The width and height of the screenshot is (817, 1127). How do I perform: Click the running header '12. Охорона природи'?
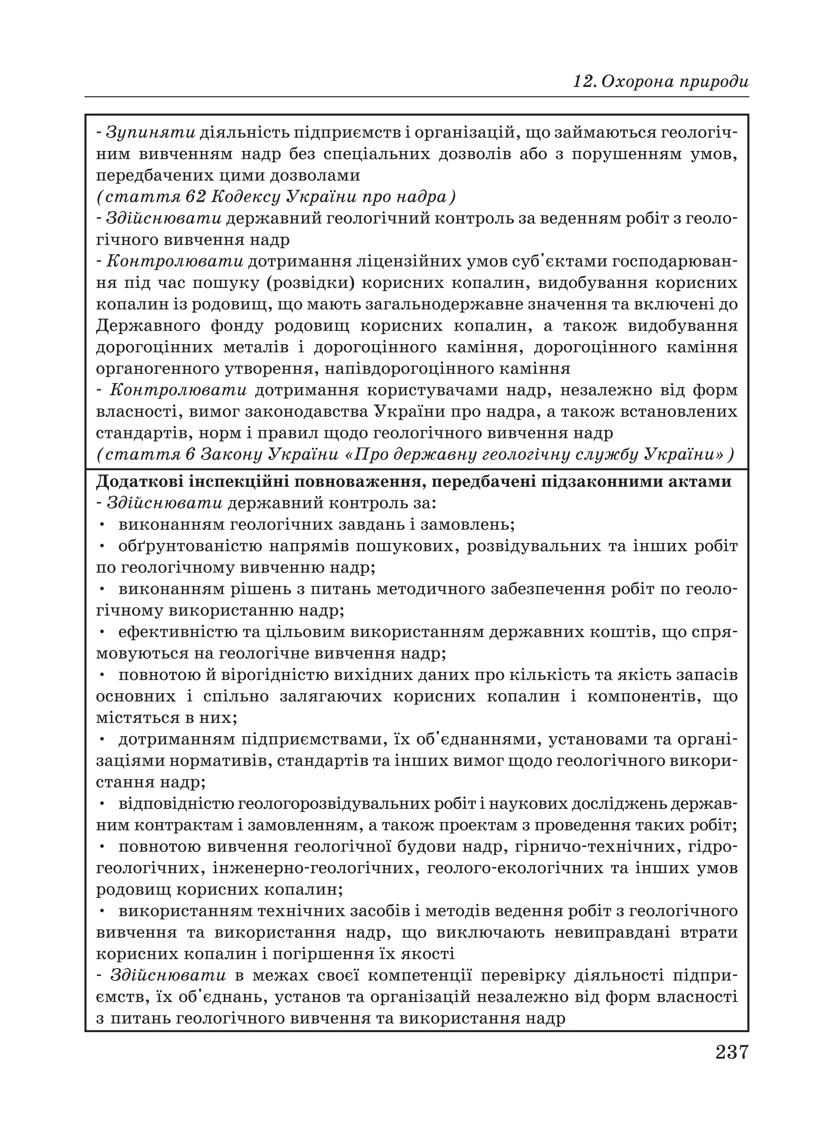click(661, 81)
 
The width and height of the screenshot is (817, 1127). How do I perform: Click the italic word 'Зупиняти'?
click(151, 133)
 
